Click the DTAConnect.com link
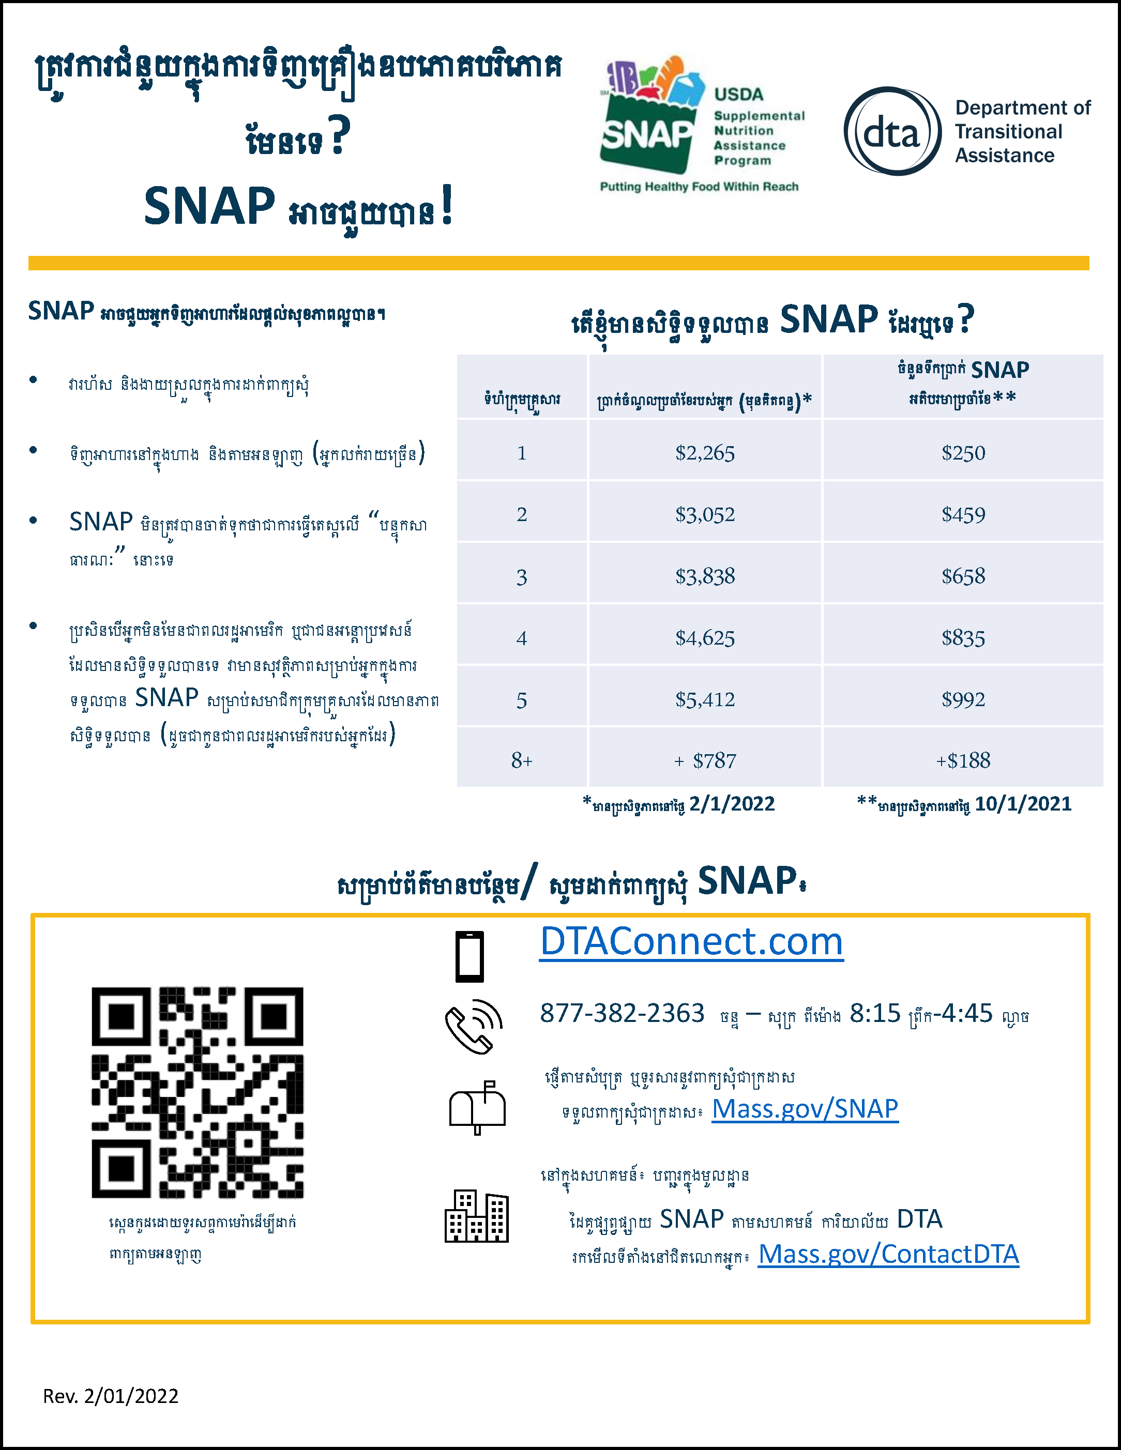[691, 942]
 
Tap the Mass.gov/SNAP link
[805, 1109]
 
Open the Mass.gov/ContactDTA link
[888, 1254]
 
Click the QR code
[197, 1092]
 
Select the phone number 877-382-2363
[622, 1013]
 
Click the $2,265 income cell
[705, 453]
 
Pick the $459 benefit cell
[963, 514]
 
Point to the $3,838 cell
[705, 576]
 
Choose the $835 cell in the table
[963, 638]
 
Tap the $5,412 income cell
[705, 699]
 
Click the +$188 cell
[963, 760]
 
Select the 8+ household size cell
[522, 760]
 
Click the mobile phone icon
[469, 956]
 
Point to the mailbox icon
[477, 1107]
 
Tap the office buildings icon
[476, 1216]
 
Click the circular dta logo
[892, 131]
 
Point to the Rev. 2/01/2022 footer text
[111, 1396]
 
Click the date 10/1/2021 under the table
[1023, 804]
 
